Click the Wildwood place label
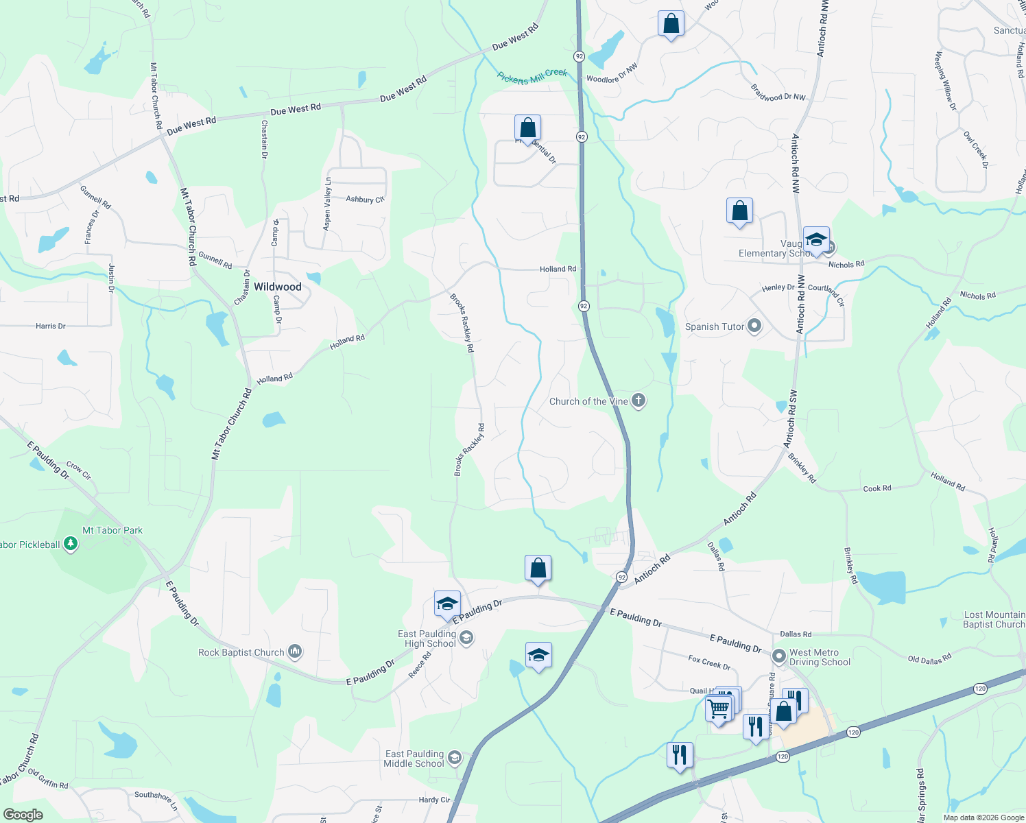click(x=277, y=287)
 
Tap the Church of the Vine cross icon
click(x=639, y=401)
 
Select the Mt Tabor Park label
click(x=112, y=530)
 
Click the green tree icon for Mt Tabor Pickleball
click(x=70, y=545)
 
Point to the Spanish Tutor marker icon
click(x=754, y=326)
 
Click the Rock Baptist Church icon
click(x=295, y=652)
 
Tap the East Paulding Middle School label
click(x=414, y=759)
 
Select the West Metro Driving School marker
click(x=779, y=656)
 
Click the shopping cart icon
click(x=718, y=708)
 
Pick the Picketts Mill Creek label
click(x=532, y=77)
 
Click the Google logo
click(x=23, y=815)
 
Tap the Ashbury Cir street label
click(x=365, y=200)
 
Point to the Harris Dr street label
click(x=51, y=326)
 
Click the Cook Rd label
click(x=877, y=488)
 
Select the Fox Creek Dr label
click(x=709, y=662)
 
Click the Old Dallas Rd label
click(x=929, y=659)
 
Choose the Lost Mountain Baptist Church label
click(x=993, y=619)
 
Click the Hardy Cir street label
click(x=434, y=800)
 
